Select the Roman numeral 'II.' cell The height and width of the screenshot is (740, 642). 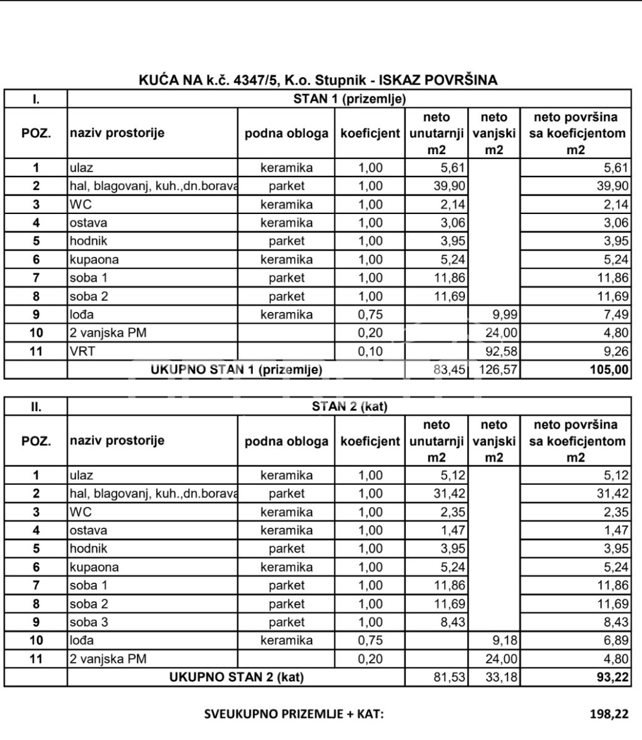click(36, 406)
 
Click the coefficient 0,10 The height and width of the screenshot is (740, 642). click(370, 351)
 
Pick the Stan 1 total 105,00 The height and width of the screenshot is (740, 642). click(608, 370)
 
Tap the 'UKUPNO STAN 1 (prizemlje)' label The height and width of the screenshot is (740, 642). click(237, 370)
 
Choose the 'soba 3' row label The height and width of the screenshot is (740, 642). click(89, 622)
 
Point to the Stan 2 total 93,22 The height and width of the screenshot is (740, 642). click(613, 678)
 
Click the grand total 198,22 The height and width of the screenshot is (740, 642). click(609, 715)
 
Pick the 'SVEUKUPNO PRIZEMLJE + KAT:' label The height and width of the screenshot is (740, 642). click(294, 715)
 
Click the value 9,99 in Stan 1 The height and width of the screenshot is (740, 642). click(504, 314)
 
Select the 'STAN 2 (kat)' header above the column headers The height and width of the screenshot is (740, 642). click(349, 406)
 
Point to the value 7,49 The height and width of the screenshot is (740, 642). click(615, 314)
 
